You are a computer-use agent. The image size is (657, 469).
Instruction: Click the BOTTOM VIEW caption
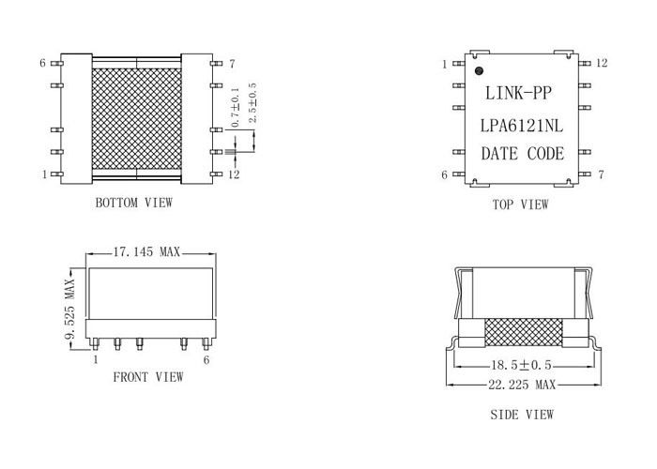(133, 204)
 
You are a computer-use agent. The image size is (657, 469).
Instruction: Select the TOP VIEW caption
(520, 204)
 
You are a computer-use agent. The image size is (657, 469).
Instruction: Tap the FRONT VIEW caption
(148, 377)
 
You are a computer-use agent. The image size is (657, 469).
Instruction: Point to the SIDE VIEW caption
(522, 415)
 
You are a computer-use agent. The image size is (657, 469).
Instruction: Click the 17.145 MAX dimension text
(146, 252)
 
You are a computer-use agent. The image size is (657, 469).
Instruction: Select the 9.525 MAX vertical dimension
(70, 308)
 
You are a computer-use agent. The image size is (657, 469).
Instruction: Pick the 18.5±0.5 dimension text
(521, 365)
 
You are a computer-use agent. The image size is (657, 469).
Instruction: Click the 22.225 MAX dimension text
(522, 385)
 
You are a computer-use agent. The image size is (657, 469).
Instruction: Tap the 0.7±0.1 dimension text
(235, 107)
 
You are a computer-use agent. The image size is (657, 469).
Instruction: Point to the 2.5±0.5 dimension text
(252, 103)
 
